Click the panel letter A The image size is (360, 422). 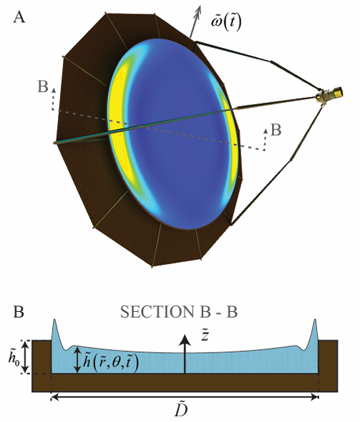(x=19, y=17)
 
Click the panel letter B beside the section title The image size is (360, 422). (x=19, y=312)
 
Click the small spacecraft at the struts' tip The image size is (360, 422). (x=330, y=94)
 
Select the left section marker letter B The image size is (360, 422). (x=42, y=87)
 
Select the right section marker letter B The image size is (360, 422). (x=276, y=129)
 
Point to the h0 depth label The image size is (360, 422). (x=14, y=355)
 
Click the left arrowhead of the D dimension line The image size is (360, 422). (x=55, y=397)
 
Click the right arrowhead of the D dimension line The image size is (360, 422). (x=315, y=397)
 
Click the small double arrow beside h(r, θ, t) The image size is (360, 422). (x=77, y=360)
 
